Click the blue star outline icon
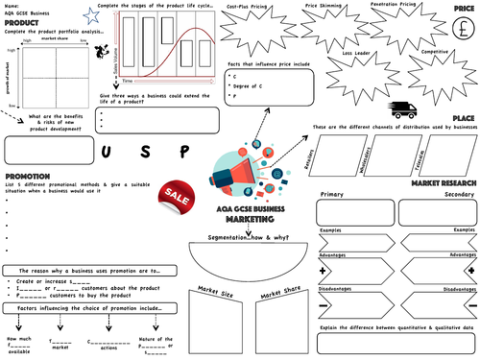[x=90, y=14]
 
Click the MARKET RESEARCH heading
[x=444, y=181]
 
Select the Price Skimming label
[x=324, y=6]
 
